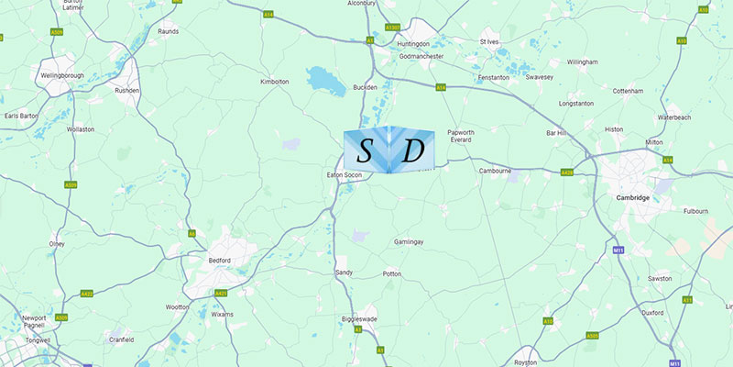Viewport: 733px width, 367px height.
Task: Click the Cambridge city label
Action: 633,197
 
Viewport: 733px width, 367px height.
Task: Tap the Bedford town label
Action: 219,261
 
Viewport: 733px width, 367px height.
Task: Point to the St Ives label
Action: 491,41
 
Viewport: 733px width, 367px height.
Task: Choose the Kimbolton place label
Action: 275,82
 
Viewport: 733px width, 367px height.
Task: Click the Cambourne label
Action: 495,171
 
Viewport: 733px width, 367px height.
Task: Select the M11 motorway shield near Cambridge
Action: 618,249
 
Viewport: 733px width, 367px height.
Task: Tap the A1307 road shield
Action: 394,28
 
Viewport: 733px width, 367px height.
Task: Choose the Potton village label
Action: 392,274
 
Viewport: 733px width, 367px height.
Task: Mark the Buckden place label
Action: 365,87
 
